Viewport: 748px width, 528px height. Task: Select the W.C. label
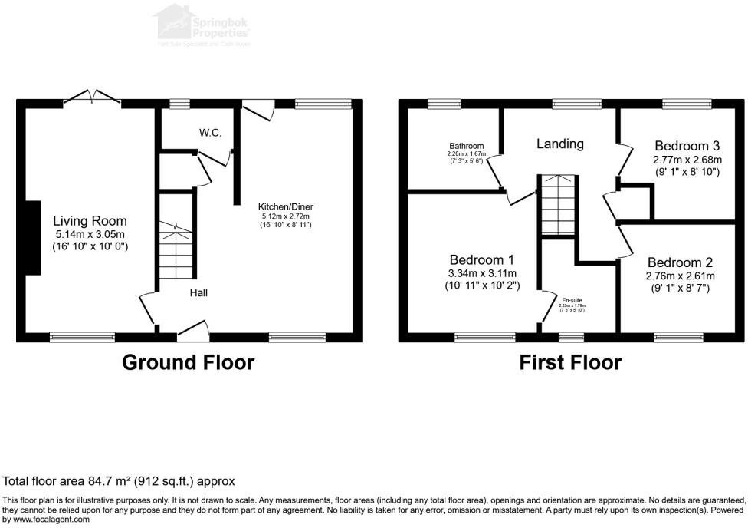[211, 133]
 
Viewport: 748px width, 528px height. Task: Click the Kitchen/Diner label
[286, 207]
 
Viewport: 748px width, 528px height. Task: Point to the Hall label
[198, 292]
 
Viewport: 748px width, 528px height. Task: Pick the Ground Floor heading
[189, 362]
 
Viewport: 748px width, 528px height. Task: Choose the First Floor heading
[570, 362]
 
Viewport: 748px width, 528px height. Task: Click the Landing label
[559, 144]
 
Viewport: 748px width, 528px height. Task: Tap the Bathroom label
[467, 146]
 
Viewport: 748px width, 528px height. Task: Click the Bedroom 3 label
[687, 146]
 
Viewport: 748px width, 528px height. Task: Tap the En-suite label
[572, 300]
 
